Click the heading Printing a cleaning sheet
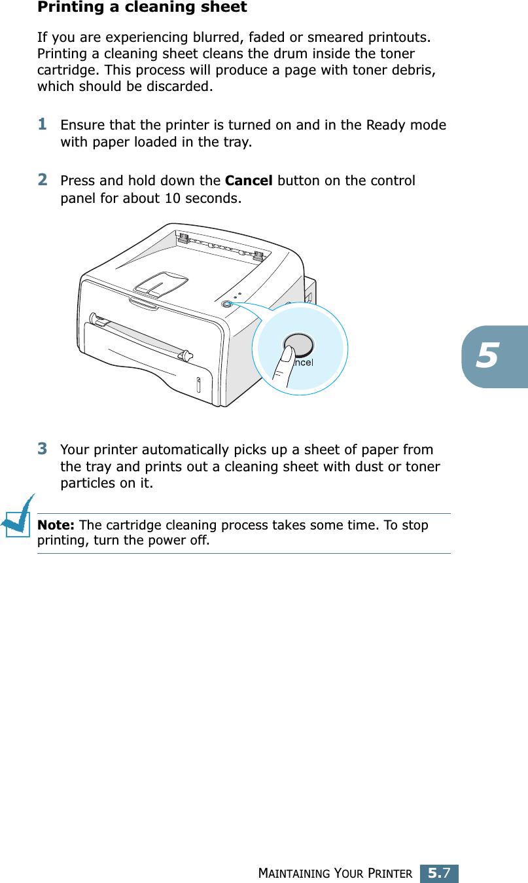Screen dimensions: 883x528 click(142, 8)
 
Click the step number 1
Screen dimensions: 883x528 click(43, 124)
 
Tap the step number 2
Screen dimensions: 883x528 click(43, 179)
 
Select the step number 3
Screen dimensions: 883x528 click(43, 449)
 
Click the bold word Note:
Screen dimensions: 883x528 click(56, 526)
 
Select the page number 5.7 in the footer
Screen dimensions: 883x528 click(438, 873)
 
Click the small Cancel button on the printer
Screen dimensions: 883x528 click(226, 304)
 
